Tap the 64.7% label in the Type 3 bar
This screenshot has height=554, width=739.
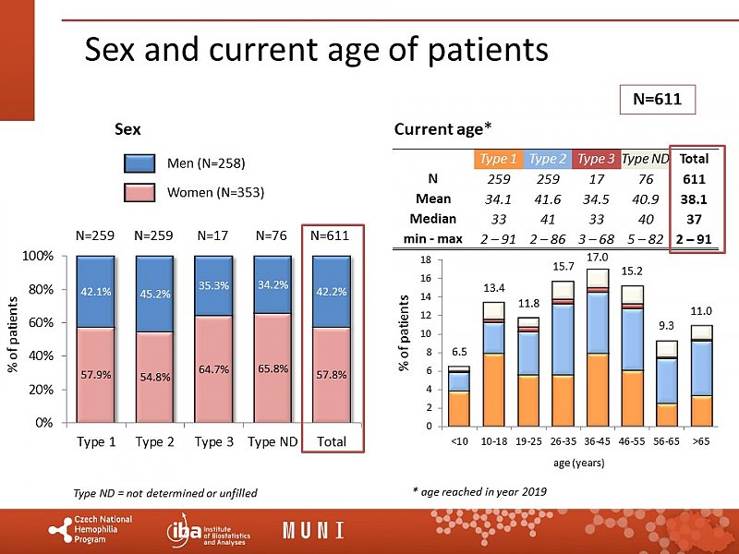point(214,369)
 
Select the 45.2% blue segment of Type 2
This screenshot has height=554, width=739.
point(155,294)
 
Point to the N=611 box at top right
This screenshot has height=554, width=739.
point(657,99)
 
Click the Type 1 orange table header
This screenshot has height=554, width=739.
point(499,158)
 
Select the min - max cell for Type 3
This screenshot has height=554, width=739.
point(596,240)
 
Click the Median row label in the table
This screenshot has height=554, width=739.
point(433,220)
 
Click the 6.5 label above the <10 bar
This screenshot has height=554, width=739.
point(459,351)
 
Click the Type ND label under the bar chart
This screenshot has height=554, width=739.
point(273,441)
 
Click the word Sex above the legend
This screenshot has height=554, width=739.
point(127,129)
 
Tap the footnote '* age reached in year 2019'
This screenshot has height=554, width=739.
point(479,492)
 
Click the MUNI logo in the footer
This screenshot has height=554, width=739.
point(314,530)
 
